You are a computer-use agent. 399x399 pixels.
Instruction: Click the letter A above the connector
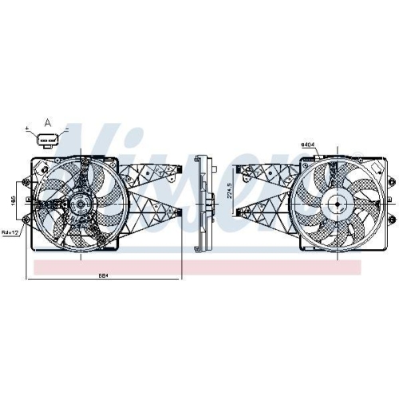pos(47,122)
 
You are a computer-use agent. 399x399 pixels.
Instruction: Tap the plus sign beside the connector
pos(28,128)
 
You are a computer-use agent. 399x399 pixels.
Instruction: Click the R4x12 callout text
pos(10,232)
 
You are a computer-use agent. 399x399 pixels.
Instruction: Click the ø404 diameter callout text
pos(307,144)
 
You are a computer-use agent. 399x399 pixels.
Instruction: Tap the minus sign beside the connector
pos(66,128)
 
